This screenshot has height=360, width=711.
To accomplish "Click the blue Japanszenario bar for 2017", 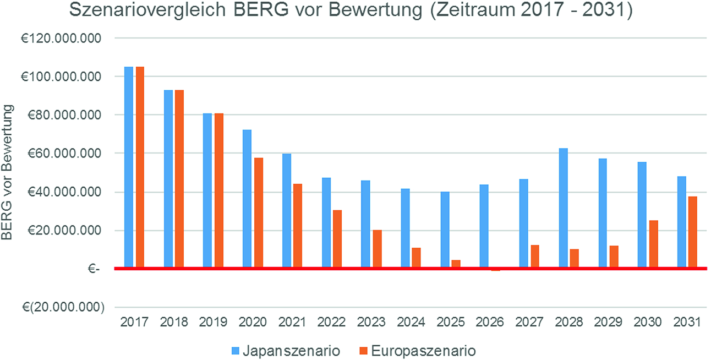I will pos(128,167).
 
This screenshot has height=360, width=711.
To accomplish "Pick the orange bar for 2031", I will pos(693,232).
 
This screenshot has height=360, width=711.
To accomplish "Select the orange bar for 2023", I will pos(377,249).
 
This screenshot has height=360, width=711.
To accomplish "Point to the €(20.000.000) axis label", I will pos(59,307).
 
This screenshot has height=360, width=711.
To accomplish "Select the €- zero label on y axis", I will pos(94,269).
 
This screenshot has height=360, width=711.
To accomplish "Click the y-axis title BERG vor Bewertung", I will pos(8,173).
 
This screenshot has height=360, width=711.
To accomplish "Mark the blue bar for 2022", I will pos(326,223).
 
